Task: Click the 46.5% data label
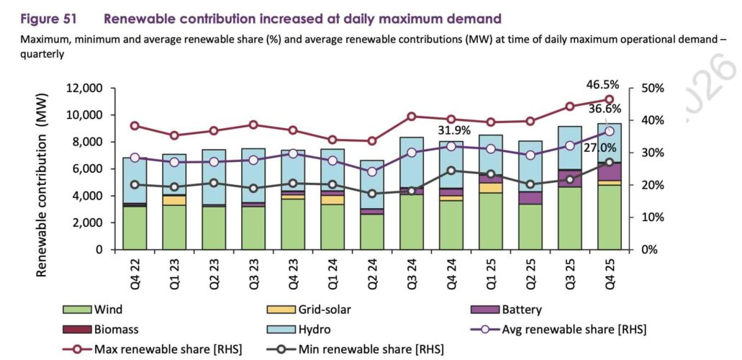point(601,85)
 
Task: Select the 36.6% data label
point(601,109)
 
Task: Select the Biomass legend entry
point(114,330)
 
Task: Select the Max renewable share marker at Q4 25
point(609,100)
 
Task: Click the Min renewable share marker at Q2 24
point(372,194)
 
